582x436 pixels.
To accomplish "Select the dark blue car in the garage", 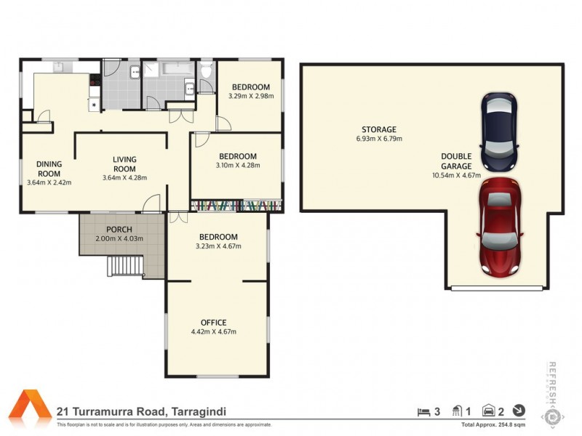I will [x=500, y=127].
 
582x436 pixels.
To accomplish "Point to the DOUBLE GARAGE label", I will [x=456, y=161].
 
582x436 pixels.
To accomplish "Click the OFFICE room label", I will [x=213, y=323].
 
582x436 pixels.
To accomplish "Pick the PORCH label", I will [x=119, y=230].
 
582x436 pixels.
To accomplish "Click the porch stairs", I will [x=125, y=267].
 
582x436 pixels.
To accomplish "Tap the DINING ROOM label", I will [x=49, y=169].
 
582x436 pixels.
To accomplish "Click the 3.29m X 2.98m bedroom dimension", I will [x=249, y=95].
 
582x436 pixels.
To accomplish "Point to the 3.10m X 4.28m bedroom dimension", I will [x=238, y=165].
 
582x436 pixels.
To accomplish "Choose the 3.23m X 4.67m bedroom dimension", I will [x=219, y=246].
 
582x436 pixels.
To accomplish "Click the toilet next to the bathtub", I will [x=206, y=70].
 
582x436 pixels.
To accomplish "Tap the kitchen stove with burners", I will [x=92, y=92].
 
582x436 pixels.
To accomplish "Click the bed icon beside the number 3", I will [x=423, y=411].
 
